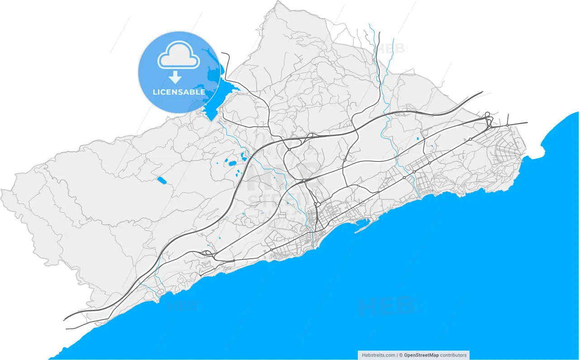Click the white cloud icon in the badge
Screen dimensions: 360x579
tap(178, 56)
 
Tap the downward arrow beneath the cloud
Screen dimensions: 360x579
tap(175, 77)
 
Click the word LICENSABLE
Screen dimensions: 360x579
tap(179, 92)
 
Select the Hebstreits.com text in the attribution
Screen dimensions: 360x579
tap(379, 355)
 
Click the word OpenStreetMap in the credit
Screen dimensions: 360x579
tap(421, 355)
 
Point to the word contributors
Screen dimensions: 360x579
tap(453, 355)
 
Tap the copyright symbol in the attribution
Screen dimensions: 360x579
tap(400, 355)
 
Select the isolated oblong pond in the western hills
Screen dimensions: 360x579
tap(161, 180)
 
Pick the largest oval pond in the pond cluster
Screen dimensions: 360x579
tap(232, 163)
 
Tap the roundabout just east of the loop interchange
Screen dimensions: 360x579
tap(508, 125)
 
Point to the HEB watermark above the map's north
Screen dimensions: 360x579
tap(392, 48)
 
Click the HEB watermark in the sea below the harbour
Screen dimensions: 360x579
tap(386, 306)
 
